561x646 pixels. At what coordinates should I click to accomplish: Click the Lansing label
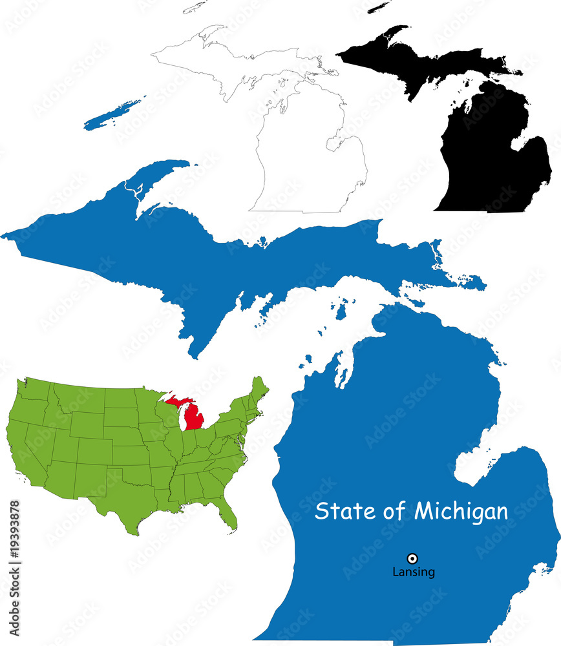tap(414, 572)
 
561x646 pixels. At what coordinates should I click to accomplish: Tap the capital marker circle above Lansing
tap(412, 558)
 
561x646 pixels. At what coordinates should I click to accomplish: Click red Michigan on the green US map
tap(193, 417)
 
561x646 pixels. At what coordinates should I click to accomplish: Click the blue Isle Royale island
tap(113, 114)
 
